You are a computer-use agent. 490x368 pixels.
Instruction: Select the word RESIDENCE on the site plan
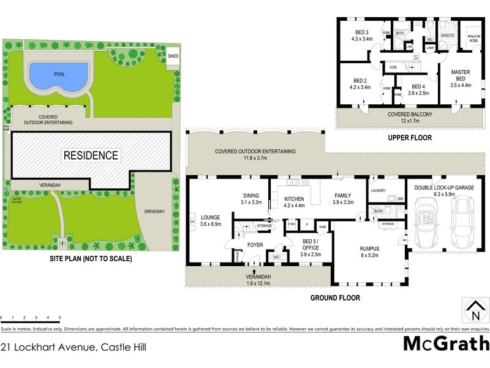coord(91,155)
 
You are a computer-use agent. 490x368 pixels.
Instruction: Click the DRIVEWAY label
coord(154,212)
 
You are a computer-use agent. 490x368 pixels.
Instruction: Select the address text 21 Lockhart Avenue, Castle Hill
coord(73,347)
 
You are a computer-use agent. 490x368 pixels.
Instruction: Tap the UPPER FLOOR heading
coord(410,138)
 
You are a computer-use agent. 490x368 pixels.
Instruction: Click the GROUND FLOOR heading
coord(334,298)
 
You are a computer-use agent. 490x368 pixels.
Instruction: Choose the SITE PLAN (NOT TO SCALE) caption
coord(91,259)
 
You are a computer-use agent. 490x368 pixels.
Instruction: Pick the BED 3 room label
coord(361,33)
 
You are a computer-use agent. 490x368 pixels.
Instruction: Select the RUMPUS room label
coord(369,248)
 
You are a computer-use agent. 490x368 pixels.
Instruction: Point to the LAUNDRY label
coord(378,191)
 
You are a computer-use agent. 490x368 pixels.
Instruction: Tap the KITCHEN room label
coord(294,199)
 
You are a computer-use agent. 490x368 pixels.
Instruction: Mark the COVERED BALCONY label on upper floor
coord(410,115)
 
